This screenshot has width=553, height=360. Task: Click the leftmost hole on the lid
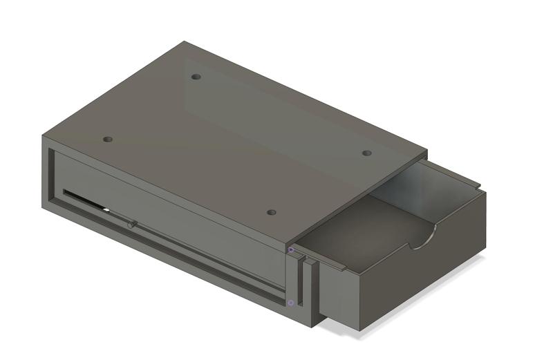pyautogui.click(x=107, y=139)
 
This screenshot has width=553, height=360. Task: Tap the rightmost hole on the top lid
pyautogui.click(x=367, y=153)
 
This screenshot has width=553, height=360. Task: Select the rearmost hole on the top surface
pyautogui.click(x=196, y=77)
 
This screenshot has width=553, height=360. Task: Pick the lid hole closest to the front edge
pyautogui.click(x=272, y=212)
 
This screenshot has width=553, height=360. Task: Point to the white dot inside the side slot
pyautogui.click(x=106, y=209)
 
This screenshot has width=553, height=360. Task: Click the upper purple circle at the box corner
pyautogui.click(x=291, y=249)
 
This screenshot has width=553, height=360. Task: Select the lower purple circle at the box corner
pyautogui.click(x=291, y=303)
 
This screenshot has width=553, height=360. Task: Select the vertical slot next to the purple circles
pyautogui.click(x=302, y=283)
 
